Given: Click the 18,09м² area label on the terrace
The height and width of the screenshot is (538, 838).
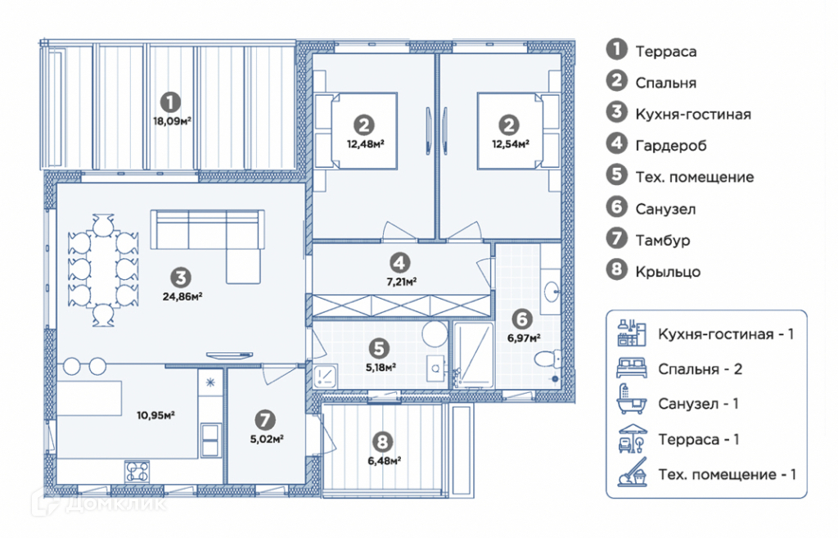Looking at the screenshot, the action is (172, 121).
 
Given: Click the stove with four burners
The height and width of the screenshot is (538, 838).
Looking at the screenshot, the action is (137, 472).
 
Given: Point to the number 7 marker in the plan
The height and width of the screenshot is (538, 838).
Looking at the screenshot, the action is (265, 420).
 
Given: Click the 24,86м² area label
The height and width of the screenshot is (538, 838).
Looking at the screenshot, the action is (182, 296).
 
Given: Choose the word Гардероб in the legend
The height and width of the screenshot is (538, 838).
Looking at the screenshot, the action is (671, 146).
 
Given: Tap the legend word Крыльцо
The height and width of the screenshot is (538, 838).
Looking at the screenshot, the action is (668, 272).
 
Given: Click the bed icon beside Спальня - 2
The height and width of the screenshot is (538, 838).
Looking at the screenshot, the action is (632, 368).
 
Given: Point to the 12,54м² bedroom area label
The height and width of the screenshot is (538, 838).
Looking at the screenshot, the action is (511, 144).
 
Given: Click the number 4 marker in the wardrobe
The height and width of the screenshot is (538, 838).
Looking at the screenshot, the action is (399, 263).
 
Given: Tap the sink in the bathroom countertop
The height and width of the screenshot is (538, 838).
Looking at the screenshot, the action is (551, 292).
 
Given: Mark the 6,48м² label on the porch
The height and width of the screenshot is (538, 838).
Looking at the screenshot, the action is (385, 460).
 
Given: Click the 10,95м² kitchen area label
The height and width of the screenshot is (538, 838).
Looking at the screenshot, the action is (155, 415).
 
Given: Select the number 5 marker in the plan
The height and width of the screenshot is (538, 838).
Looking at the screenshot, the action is (378, 349).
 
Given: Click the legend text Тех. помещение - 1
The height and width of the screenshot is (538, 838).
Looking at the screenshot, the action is (727, 475).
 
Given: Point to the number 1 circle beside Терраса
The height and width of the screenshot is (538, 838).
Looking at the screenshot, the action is (616, 49).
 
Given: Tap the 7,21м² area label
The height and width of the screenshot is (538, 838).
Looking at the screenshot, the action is (401, 282).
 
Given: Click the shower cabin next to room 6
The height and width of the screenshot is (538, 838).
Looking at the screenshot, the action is (474, 355).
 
